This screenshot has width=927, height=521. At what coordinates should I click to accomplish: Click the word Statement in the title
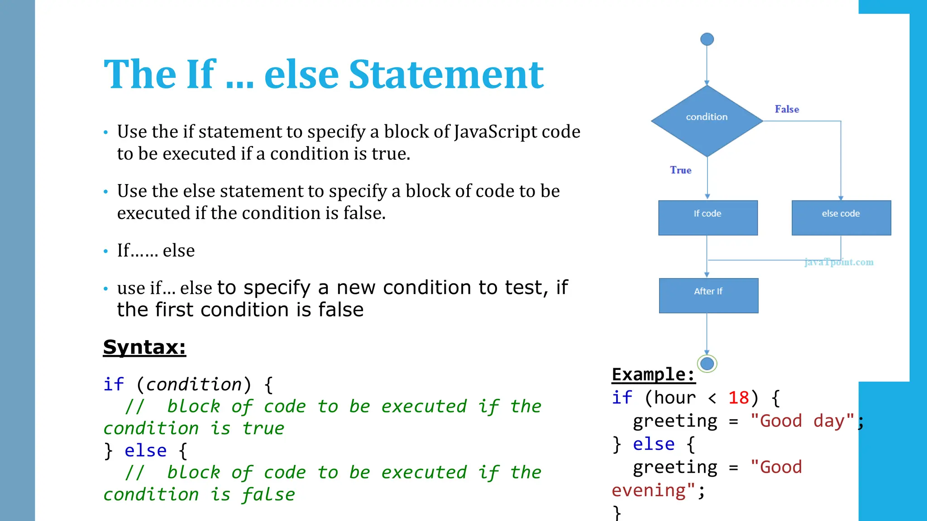pyautogui.click(x=446, y=75)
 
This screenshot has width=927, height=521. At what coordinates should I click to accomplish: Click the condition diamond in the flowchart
pyautogui.click(x=707, y=120)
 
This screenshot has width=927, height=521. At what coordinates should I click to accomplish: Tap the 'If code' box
pyautogui.click(x=707, y=218)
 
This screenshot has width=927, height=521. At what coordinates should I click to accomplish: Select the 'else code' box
pyautogui.click(x=841, y=218)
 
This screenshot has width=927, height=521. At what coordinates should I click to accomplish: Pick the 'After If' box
pyautogui.click(x=708, y=295)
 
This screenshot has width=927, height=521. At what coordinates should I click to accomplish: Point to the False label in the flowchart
pyautogui.click(x=787, y=109)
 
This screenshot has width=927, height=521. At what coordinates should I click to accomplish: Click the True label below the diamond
pyautogui.click(x=680, y=170)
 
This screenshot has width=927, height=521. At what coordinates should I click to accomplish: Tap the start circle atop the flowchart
pyautogui.click(x=707, y=39)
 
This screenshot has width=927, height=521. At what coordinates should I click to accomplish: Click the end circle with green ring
pyautogui.click(x=707, y=363)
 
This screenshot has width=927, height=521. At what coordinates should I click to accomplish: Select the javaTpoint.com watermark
pyautogui.click(x=839, y=262)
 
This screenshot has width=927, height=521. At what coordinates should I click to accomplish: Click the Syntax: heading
pyautogui.click(x=144, y=347)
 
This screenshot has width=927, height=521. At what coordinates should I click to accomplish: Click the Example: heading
pyautogui.click(x=653, y=374)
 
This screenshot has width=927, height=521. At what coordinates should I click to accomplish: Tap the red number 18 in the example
pyautogui.click(x=738, y=398)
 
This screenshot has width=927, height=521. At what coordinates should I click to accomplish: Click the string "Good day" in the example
pyautogui.click(x=802, y=421)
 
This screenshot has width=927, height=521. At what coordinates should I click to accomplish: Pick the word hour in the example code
pyautogui.click(x=675, y=398)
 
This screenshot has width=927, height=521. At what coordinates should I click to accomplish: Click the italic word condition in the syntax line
pyautogui.click(x=194, y=384)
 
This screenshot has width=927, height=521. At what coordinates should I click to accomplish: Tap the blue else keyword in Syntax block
pyautogui.click(x=145, y=450)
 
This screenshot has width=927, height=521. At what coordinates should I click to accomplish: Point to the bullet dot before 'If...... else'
pyautogui.click(x=106, y=251)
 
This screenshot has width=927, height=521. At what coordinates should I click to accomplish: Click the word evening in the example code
pyautogui.click(x=648, y=491)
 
